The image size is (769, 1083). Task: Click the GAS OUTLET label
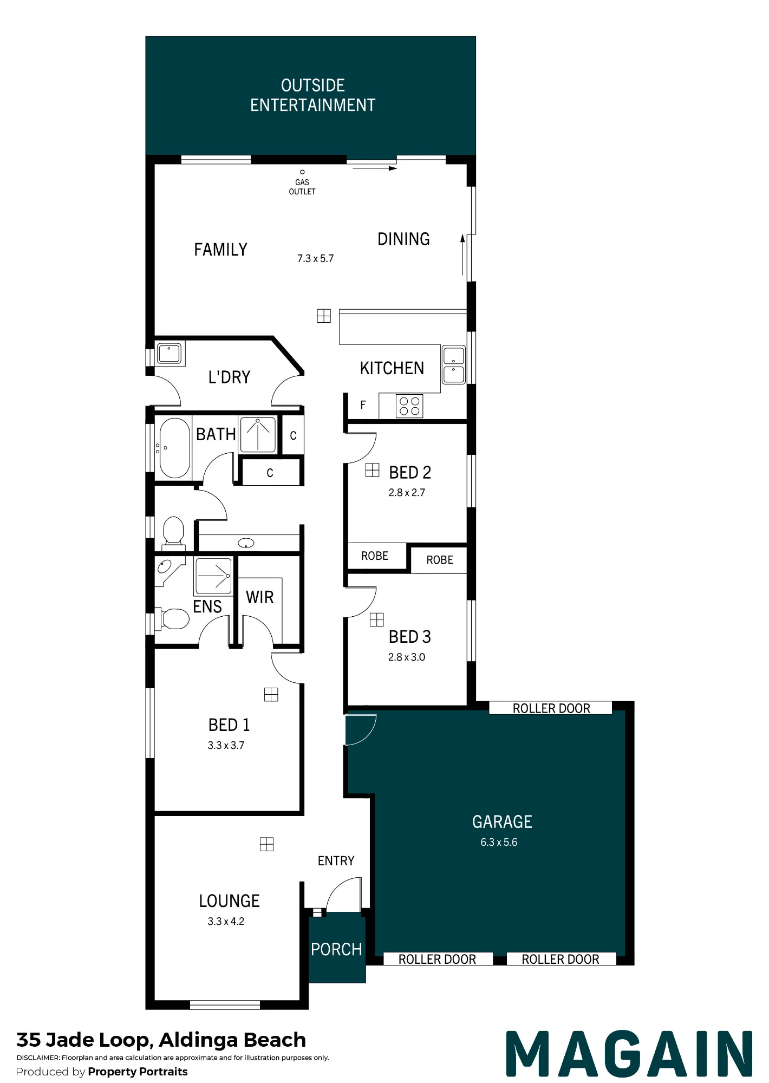tap(302, 187)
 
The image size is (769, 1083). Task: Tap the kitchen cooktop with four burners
tap(409, 406)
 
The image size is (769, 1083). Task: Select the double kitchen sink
tap(454, 365)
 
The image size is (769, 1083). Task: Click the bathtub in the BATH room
tap(174, 448)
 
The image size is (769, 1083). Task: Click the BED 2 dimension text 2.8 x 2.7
tap(407, 493)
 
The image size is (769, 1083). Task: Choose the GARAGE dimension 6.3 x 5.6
tap(499, 842)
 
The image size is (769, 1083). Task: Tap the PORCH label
tap(336, 949)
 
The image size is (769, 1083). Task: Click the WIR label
tap(260, 597)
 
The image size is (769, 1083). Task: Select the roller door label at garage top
tap(551, 708)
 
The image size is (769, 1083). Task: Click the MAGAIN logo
tap(629, 1054)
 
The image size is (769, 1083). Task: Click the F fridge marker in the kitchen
tap(363, 405)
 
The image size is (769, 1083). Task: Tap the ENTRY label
tap(336, 860)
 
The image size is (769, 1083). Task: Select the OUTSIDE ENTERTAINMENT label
tap(313, 95)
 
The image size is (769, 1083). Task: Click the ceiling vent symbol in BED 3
tap(377, 619)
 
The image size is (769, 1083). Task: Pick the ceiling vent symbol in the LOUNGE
tap(266, 844)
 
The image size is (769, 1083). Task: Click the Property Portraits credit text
tap(138, 1072)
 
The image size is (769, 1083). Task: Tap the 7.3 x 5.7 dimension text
tap(315, 259)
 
